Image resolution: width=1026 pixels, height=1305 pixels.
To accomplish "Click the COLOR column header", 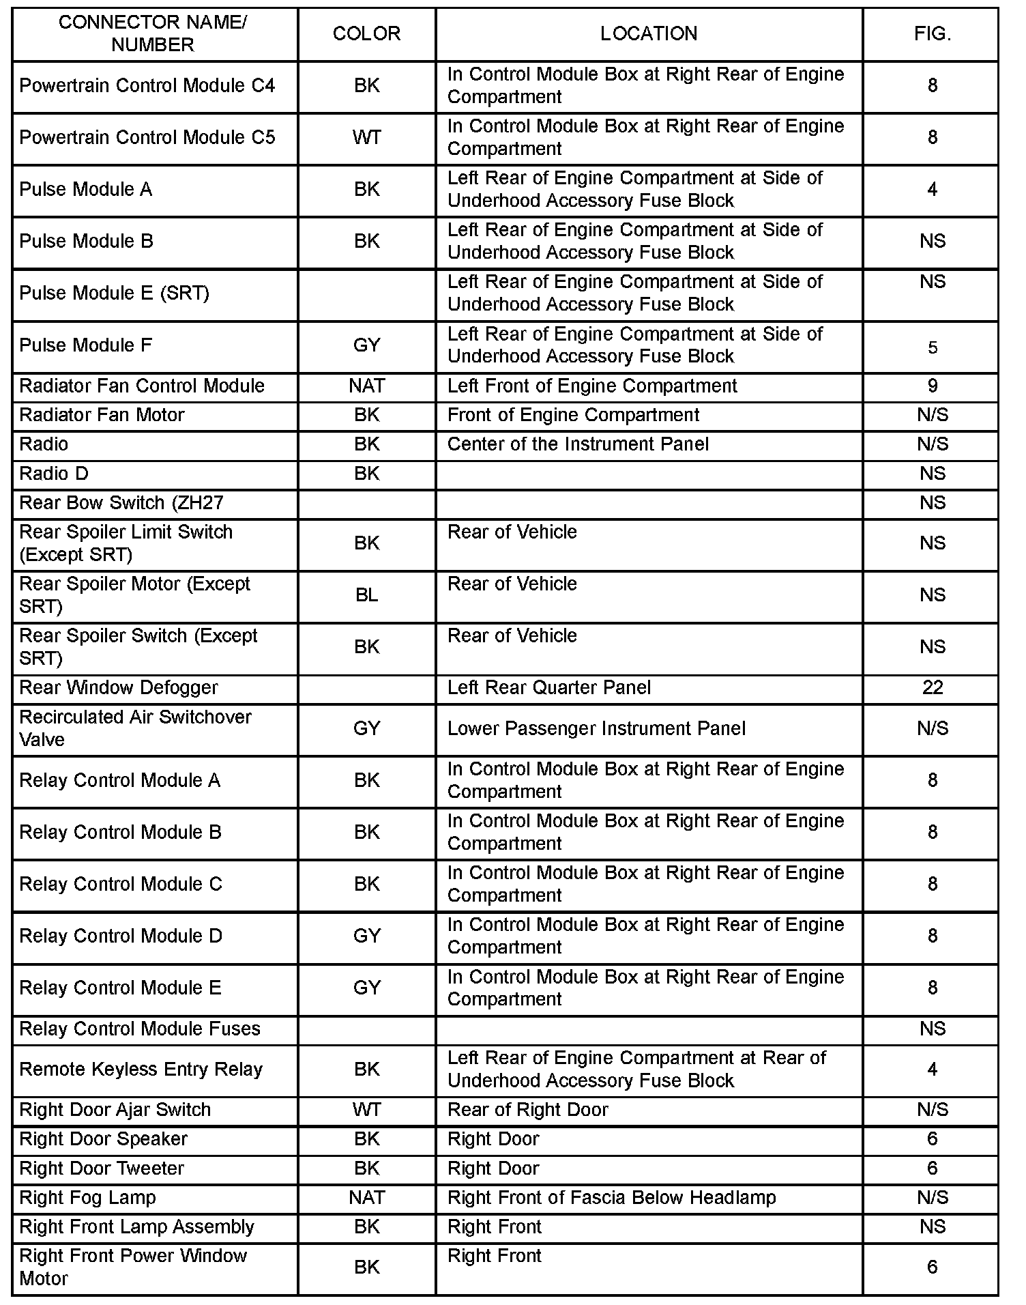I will pos(366,34).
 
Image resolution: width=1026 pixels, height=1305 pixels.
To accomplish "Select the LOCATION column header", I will pos(648,34).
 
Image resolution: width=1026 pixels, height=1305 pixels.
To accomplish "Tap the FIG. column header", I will pos(932,34).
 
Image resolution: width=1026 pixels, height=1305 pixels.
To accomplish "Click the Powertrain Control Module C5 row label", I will pos(147,138).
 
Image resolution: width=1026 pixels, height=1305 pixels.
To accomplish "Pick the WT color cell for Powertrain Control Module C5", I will pos(366,138).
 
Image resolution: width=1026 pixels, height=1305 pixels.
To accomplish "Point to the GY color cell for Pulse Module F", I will pos(366,345).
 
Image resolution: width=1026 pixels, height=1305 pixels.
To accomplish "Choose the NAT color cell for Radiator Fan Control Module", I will pos(366,386).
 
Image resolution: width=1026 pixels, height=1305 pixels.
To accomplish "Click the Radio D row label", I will pos(54,474).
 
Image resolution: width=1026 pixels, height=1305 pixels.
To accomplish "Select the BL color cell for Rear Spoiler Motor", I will pos(366,595).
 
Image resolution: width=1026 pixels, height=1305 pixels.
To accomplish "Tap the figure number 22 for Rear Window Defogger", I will pos(932,688).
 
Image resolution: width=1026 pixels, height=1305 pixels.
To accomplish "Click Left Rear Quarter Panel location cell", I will pos(549,688).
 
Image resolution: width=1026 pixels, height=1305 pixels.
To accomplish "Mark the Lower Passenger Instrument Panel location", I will pos(596,729).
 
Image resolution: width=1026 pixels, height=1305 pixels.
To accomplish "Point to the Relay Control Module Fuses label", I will pos(140,1029).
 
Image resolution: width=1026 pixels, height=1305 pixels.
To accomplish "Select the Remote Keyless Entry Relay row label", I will pos(141,1070).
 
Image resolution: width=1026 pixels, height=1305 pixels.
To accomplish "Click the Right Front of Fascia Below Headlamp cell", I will pos(611,1198).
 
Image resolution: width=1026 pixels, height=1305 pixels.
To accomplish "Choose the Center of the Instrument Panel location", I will pos(578,444).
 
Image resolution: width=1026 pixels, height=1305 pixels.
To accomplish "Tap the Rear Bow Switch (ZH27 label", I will pos(121,503).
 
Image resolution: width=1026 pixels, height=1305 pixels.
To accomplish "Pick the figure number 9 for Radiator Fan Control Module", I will pos(932,386).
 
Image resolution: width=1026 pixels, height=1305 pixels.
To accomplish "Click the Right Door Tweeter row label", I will pos(102,1168).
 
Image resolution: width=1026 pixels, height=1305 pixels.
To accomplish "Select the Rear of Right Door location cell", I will pos(527,1110).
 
